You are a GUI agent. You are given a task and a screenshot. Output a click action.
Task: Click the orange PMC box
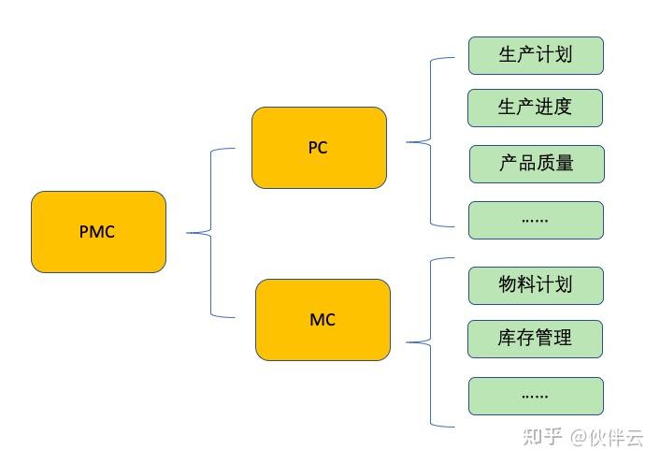98,232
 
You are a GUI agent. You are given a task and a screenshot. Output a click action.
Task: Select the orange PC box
318,148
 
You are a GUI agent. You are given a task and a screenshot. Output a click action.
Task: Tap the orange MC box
322,320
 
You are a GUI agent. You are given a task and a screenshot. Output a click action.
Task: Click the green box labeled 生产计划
535,55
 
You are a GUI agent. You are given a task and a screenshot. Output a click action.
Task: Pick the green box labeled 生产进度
535,108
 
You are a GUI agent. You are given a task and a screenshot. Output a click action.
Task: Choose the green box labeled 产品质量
536,164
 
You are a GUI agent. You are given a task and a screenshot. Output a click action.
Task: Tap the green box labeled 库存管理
536,338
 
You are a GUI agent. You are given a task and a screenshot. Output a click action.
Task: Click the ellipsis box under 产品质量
536,220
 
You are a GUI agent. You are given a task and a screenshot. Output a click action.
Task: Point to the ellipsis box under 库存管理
536,396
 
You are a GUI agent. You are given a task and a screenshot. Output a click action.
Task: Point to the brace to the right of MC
430,342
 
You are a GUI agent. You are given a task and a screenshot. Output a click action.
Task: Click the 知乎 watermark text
542,436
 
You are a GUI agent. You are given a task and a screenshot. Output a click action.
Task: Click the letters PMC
97,232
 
